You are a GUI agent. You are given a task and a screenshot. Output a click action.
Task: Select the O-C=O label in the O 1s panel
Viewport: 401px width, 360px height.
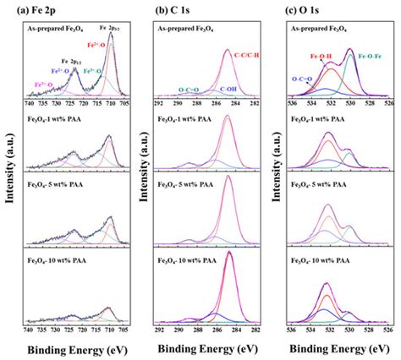(302, 79)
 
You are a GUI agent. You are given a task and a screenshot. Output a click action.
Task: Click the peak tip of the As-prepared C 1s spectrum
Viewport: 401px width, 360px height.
(227, 50)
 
